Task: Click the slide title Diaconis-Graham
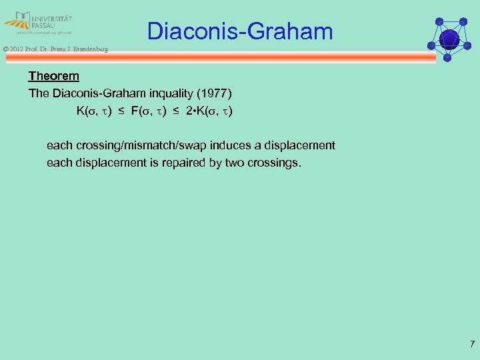(x=239, y=31)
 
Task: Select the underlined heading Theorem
(x=53, y=77)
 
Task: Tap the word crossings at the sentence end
(x=274, y=162)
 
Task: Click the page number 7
(x=472, y=345)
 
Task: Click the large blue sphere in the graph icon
(x=449, y=38)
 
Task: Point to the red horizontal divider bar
(x=220, y=58)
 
